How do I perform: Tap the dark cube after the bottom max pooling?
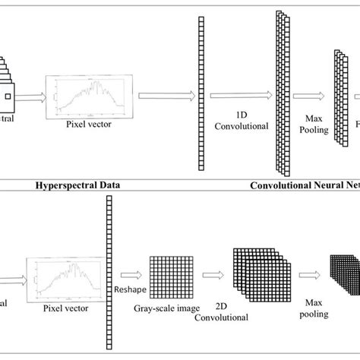343,277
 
